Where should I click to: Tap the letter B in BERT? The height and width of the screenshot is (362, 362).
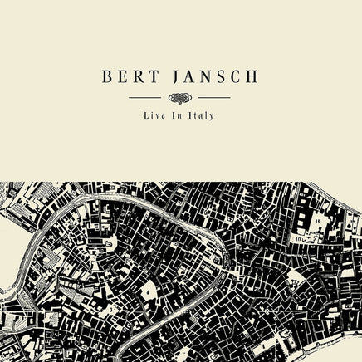coord(108,77)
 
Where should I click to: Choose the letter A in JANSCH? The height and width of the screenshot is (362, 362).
coord(188,77)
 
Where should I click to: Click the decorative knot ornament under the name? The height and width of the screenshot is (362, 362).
coord(180,98)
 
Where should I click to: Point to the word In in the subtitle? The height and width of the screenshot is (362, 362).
coord(176,115)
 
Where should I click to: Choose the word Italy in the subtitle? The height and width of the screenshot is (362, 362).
coord(201,115)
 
